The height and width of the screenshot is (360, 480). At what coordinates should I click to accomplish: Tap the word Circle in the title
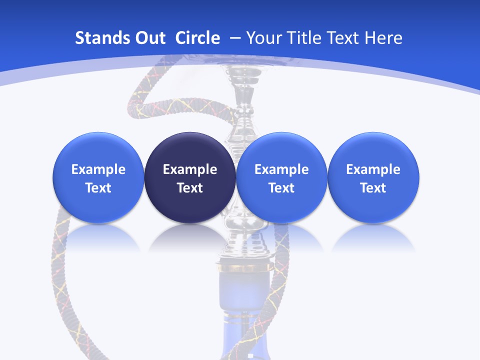[197, 38]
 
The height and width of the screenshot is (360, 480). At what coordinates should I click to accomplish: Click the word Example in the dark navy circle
[190, 169]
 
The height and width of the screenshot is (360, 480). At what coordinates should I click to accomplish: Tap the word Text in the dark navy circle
[190, 188]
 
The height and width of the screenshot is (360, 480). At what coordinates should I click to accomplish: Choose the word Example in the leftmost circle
[98, 169]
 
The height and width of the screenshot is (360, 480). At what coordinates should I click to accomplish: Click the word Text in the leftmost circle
[98, 188]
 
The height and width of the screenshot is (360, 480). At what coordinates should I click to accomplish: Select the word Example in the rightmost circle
[373, 169]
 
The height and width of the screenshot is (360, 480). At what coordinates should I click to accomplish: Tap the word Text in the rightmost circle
[373, 188]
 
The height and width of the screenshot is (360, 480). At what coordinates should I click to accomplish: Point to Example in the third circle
[281, 169]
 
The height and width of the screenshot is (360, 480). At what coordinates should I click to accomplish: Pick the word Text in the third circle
[281, 188]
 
